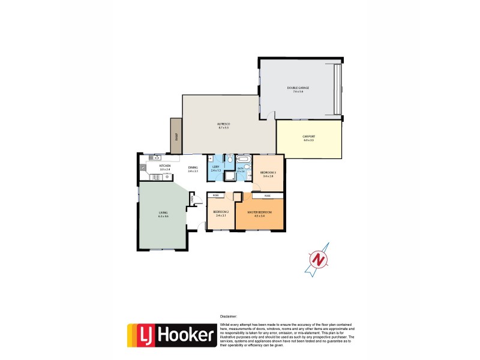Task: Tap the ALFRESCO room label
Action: (x=223, y=124)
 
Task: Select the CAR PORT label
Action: (x=308, y=137)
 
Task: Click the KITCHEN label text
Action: (x=165, y=166)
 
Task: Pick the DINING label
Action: (x=193, y=168)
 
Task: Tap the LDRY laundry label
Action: (x=216, y=167)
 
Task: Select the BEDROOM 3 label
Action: (x=267, y=172)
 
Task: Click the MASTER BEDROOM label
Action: (x=260, y=212)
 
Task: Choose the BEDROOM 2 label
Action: (x=220, y=212)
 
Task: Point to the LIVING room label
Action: (x=163, y=212)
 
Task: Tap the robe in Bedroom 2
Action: (x=215, y=196)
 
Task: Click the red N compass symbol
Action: (x=319, y=259)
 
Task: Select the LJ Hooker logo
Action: (x=171, y=335)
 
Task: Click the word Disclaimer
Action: (x=229, y=316)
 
